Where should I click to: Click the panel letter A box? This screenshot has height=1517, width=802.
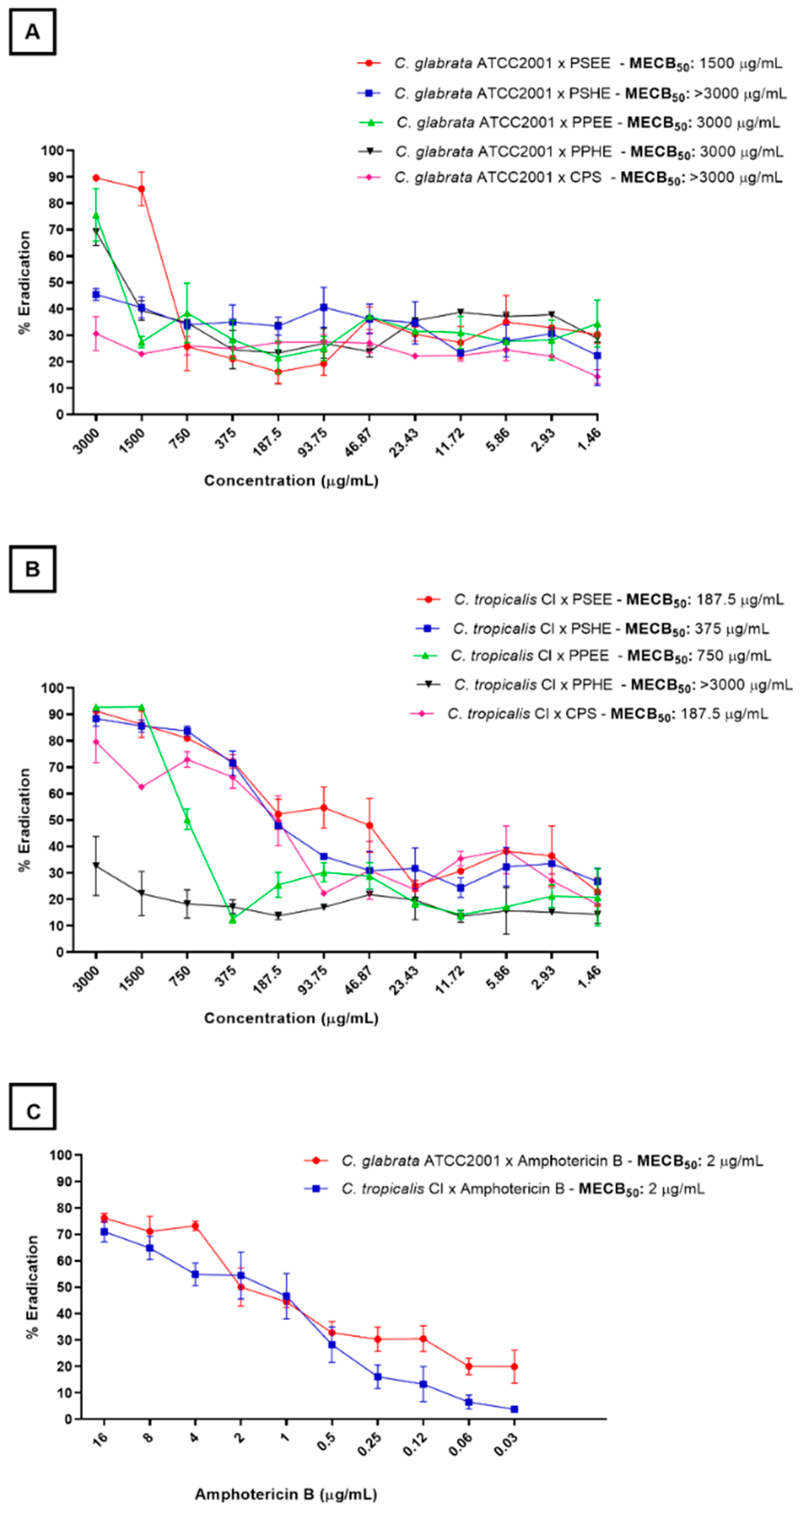(x=32, y=32)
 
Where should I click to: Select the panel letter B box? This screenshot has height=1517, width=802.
(x=32, y=569)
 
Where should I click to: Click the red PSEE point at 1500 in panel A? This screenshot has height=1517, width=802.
(x=141, y=189)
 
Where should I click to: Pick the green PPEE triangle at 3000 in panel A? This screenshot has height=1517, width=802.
(x=96, y=215)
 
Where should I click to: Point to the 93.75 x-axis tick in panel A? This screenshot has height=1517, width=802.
(x=314, y=443)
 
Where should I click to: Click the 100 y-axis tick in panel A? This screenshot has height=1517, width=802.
(x=52, y=150)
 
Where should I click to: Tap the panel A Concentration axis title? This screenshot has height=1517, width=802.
(x=291, y=481)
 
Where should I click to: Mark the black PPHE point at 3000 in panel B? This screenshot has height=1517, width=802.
(x=96, y=866)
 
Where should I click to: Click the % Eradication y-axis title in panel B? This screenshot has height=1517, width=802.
(x=24, y=819)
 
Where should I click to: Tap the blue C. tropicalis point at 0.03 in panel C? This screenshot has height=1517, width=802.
(x=514, y=1409)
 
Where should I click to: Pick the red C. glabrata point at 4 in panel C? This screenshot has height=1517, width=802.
(x=195, y=1226)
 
